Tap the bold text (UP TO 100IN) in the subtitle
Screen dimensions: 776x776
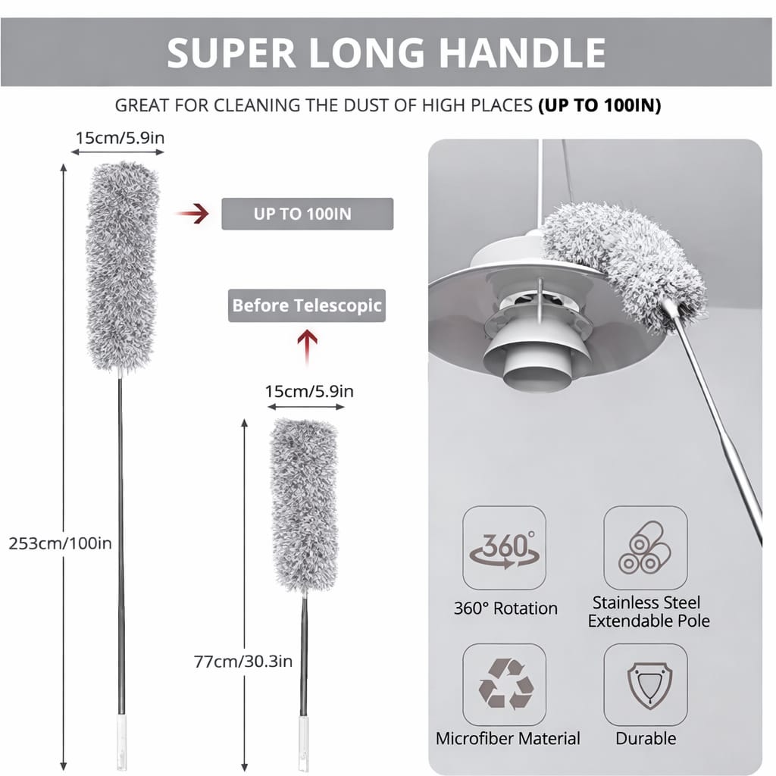[x=599, y=105]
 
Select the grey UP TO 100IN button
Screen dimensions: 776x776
[x=307, y=214]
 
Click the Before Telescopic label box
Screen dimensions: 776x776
[x=307, y=306]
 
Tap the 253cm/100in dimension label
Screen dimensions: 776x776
[x=61, y=543]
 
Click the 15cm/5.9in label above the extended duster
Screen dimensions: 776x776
[x=119, y=138]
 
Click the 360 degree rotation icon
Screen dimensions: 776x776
[x=504, y=548]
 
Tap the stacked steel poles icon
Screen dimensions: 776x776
[x=645, y=548]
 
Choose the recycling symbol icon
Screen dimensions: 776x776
[x=504, y=684]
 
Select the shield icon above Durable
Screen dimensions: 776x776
[x=645, y=684]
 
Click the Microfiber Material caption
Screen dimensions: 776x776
[x=508, y=738]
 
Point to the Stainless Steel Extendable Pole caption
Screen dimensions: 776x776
[x=649, y=612]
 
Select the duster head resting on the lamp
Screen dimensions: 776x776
[x=624, y=262]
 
